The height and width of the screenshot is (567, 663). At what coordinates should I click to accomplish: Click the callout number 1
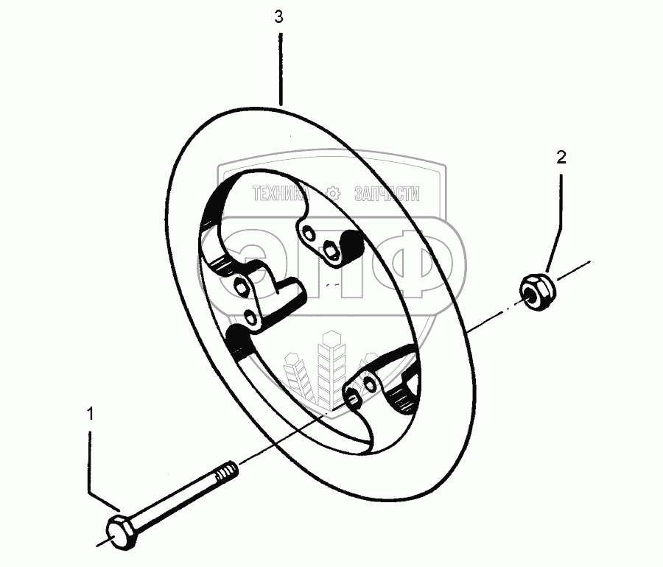(x=90, y=415)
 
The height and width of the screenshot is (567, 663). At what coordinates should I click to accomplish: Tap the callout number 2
(x=561, y=156)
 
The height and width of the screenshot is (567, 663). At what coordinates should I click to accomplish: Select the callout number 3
(x=278, y=18)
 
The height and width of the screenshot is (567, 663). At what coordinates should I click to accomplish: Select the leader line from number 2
(x=558, y=221)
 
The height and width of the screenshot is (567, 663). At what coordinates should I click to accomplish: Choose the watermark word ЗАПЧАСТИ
(x=387, y=194)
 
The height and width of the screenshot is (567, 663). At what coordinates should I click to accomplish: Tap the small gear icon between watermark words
(x=332, y=194)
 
